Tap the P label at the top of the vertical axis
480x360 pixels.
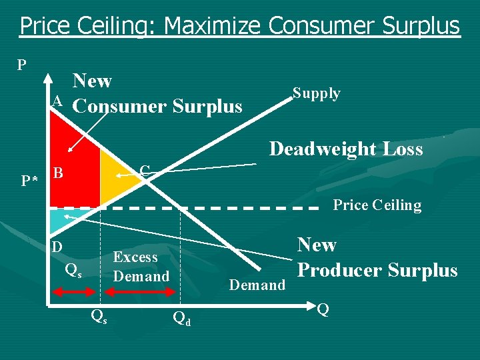point(22,65)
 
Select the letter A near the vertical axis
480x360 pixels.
point(57,101)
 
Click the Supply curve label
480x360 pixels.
point(317,93)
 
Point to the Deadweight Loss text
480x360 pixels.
point(345,149)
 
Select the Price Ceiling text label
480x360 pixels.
point(377,205)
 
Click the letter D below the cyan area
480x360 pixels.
point(58,247)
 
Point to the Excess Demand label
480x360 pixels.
point(141,267)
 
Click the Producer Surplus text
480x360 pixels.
point(377,271)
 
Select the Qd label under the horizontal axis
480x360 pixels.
point(181,318)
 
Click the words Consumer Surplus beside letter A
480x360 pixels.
point(157,107)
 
